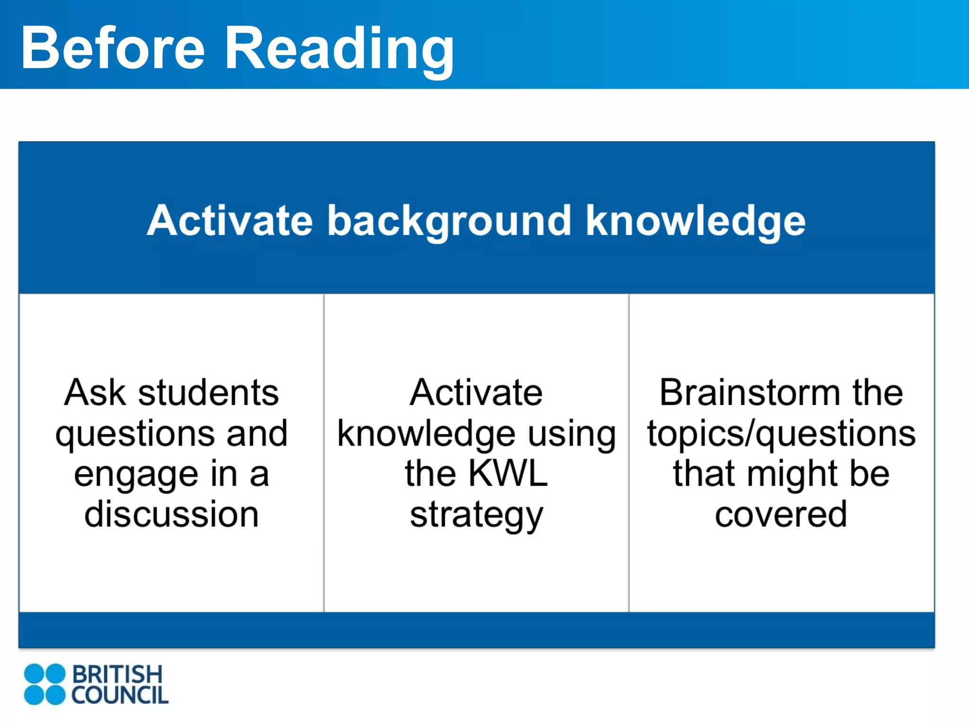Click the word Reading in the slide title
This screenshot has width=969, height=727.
tap(339, 50)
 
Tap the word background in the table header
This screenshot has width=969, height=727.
tap(449, 221)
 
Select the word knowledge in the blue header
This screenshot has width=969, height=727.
tap(695, 221)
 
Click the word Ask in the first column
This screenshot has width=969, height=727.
tap(95, 392)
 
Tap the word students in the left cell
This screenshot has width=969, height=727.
tap(208, 392)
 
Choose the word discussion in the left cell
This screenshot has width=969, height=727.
tap(171, 514)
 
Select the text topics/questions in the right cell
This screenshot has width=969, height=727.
tap(781, 434)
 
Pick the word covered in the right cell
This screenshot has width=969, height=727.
tap(781, 514)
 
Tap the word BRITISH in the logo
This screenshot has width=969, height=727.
tap(117, 674)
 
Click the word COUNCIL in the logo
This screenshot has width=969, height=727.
tap(120, 695)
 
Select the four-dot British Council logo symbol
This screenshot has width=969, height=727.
tap(44, 684)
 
